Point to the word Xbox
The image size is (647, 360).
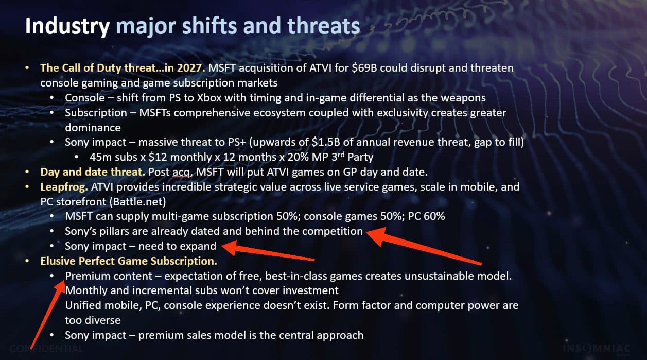(x=209, y=98)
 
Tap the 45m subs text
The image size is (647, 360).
(x=114, y=157)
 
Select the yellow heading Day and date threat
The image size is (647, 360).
(x=93, y=172)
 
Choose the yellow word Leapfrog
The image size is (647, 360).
(x=64, y=187)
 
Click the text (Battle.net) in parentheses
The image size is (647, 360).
(x=138, y=202)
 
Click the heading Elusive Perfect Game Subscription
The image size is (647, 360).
(x=129, y=261)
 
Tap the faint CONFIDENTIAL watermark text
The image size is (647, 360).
(x=47, y=349)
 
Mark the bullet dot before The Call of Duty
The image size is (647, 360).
(x=27, y=68)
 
